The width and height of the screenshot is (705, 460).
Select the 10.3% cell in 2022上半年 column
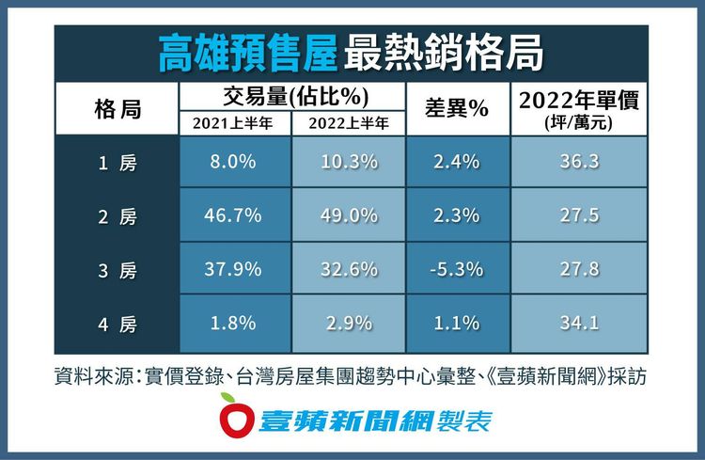349,162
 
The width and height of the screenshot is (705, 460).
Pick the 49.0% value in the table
349,216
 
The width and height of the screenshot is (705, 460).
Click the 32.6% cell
349,270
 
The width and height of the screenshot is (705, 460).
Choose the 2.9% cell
349,324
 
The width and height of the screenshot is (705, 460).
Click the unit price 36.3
579,162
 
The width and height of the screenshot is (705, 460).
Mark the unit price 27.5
579,216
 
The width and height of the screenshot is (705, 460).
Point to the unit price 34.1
579,324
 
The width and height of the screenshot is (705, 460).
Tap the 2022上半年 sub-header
349,122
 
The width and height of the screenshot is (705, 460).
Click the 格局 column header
117,109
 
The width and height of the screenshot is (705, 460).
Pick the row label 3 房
117,271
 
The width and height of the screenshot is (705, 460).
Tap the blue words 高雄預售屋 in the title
246,54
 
